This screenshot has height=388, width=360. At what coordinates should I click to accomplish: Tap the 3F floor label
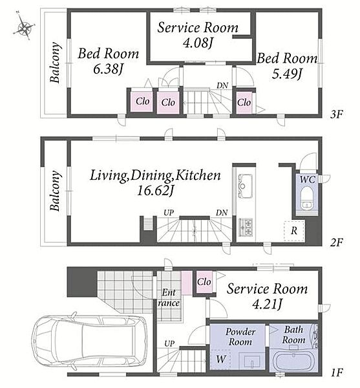pyautogui.click(x=337, y=114)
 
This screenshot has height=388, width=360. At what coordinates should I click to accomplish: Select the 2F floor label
pyautogui.click(x=337, y=242)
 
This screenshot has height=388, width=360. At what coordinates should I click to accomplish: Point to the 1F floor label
pyautogui.click(x=337, y=372)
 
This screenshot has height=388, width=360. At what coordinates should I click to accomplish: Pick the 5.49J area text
pyautogui.click(x=287, y=74)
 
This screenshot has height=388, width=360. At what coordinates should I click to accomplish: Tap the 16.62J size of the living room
pyautogui.click(x=154, y=191)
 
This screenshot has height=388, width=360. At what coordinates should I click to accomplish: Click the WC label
pyautogui.click(x=308, y=179)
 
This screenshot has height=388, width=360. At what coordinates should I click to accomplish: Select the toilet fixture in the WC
pyautogui.click(x=307, y=198)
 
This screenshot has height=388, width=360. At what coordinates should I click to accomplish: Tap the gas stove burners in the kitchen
pyautogui.click(x=246, y=227)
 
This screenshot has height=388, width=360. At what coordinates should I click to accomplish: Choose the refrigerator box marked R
pyautogui.click(x=294, y=231)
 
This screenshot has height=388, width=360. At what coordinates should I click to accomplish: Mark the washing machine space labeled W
pyautogui.click(x=221, y=359)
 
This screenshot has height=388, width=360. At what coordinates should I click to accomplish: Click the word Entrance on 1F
pyautogui.click(x=169, y=298)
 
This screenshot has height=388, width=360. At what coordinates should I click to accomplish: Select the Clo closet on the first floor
pyautogui.click(x=204, y=282)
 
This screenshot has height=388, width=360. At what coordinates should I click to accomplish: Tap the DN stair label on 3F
pyautogui.click(x=222, y=85)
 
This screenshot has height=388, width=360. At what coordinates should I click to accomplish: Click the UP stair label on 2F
pyautogui.click(x=169, y=213)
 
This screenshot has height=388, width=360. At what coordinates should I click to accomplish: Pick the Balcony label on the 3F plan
pyautogui.click(x=55, y=63)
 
